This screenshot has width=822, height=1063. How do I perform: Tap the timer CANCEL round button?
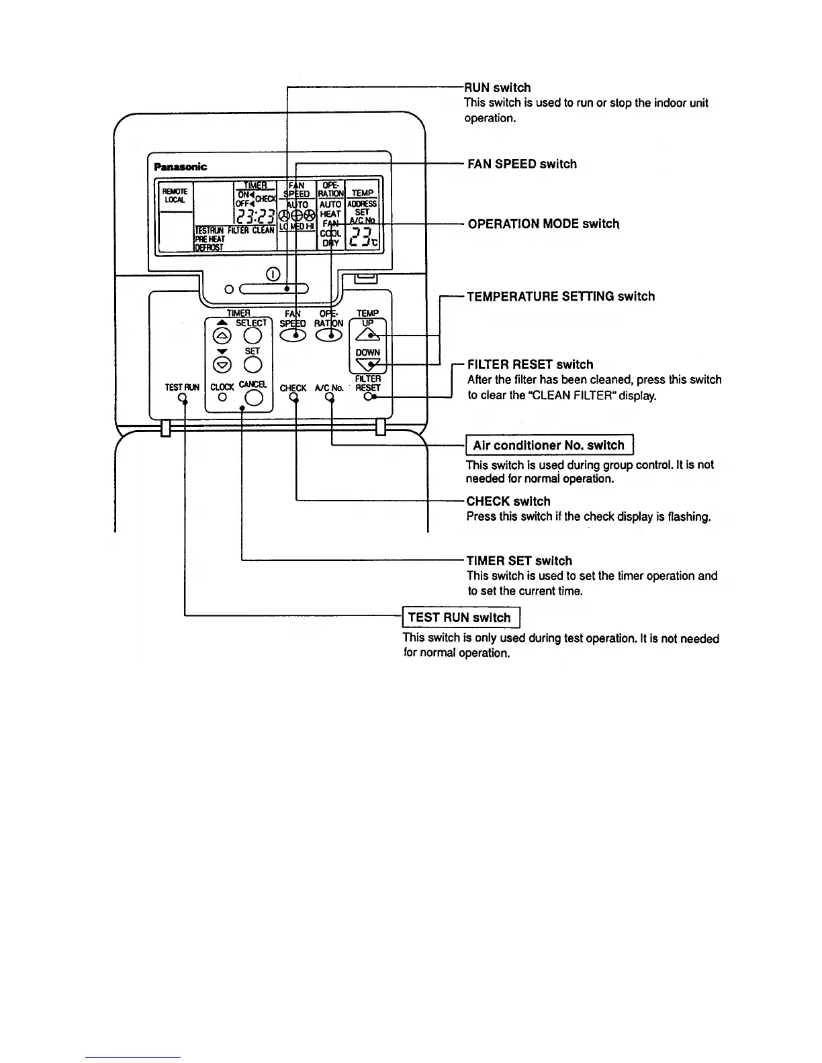tap(253, 399)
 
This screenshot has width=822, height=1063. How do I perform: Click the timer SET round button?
tap(253, 364)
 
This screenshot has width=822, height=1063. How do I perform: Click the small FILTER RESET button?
tap(368, 397)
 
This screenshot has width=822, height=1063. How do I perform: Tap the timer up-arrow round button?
tap(222, 336)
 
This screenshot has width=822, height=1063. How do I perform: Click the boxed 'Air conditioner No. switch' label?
tap(549, 446)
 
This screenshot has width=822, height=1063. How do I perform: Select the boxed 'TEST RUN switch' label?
tap(461, 617)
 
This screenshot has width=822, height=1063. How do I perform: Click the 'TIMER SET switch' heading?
tap(519, 561)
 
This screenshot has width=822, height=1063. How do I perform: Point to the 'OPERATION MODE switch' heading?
tap(543, 223)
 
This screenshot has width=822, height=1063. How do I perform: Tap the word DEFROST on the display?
tap(208, 248)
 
